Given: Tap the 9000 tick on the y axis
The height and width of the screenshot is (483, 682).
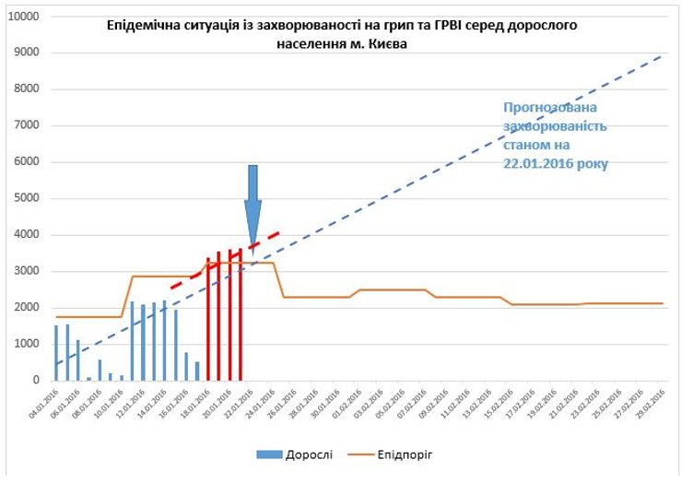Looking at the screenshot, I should tap(26, 53).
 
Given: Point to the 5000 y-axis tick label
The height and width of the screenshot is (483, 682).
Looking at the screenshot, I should tap(26, 198).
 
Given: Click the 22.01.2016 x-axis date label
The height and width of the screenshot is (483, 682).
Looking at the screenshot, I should tap(242, 402).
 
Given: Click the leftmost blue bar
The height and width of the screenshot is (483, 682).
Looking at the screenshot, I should tap(56, 352).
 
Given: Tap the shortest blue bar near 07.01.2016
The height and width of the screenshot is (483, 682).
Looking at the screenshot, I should tap(89, 378).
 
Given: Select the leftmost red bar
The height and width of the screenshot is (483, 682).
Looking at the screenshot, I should tap(207, 319).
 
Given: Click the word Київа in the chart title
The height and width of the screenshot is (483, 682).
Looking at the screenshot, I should tap(381, 42).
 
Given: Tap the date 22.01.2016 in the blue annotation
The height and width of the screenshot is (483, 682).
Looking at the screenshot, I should tap(536, 162).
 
